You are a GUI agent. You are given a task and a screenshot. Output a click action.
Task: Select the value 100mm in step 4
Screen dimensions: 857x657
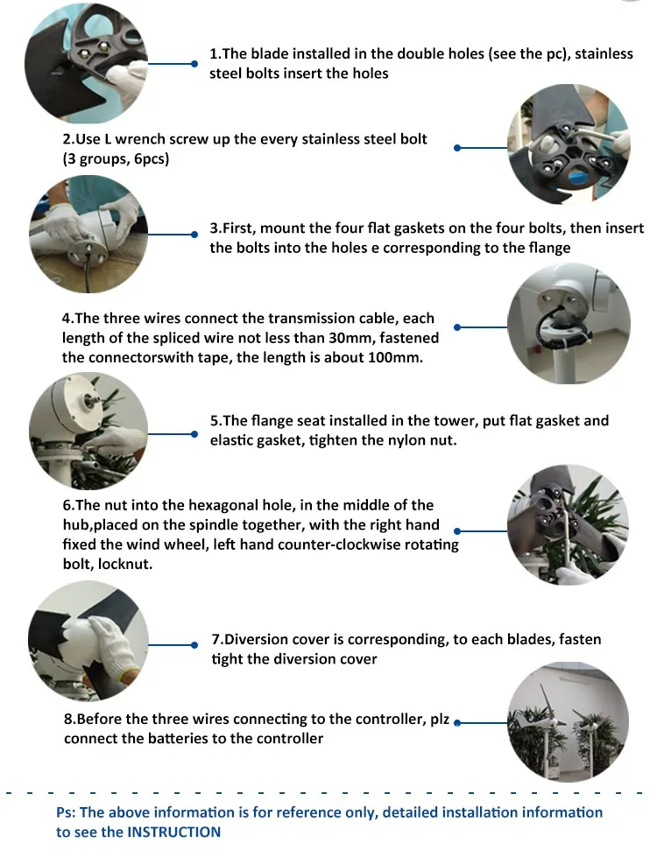391,357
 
